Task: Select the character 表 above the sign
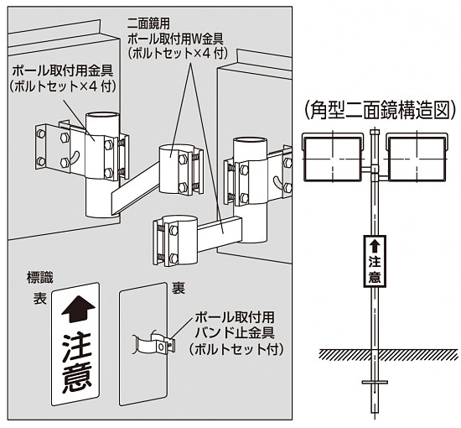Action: click(39, 297)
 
